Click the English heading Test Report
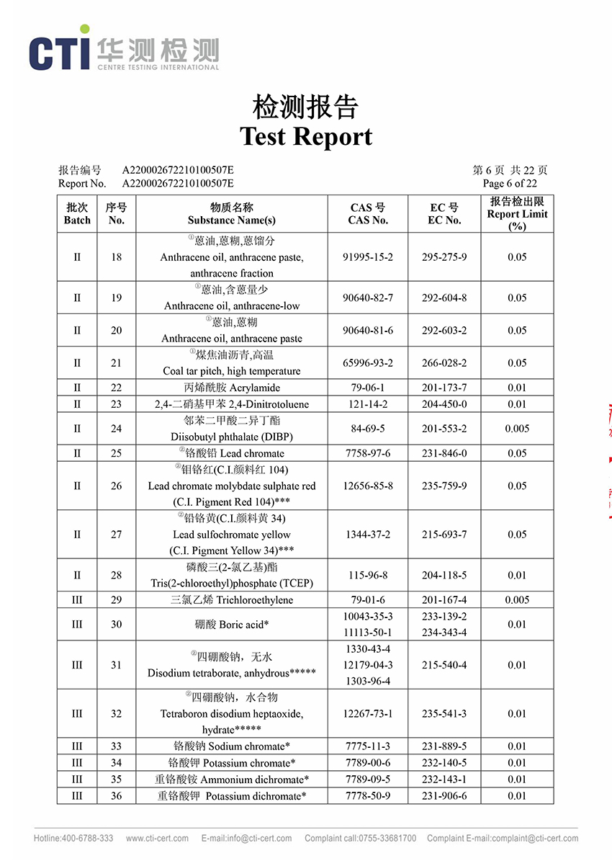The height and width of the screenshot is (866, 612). click(306, 136)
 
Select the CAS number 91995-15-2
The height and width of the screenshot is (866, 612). click(368, 257)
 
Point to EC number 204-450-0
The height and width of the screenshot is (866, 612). click(444, 404)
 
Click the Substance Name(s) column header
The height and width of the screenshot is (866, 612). click(232, 214)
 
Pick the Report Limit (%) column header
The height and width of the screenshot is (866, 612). click(517, 214)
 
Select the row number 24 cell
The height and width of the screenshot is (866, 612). click(116, 429)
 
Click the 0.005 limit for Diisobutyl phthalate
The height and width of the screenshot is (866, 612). click(517, 429)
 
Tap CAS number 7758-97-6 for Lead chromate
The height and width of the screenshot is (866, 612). click(368, 453)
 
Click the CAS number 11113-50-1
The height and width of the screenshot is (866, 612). click(368, 633)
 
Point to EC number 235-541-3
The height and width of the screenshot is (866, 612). click(444, 713)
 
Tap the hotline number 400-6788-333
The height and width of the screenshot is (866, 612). click(86, 838)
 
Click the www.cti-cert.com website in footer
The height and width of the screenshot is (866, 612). click(157, 838)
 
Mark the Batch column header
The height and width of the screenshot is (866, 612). click(77, 214)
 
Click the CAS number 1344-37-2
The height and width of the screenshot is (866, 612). click(368, 535)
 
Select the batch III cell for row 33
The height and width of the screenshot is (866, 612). click(77, 746)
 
